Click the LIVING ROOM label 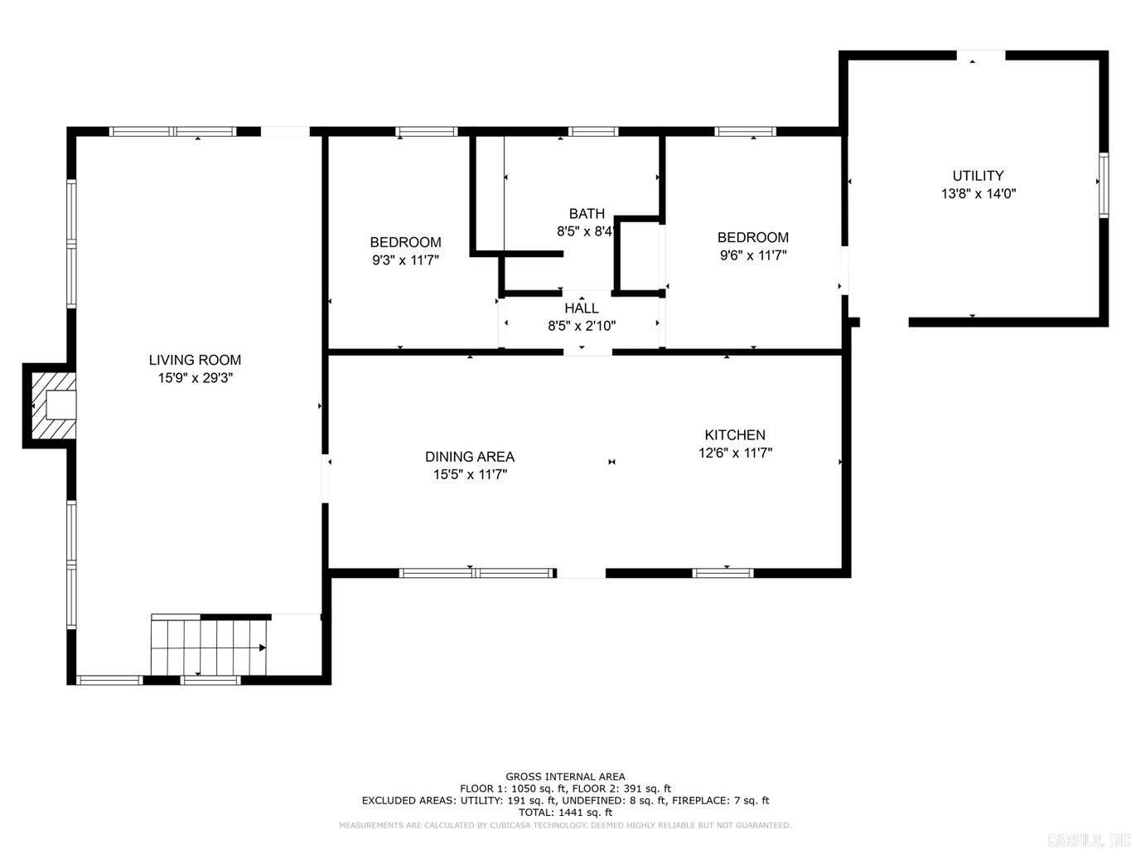(195, 360)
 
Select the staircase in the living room (209, 648)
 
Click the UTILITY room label (978, 176)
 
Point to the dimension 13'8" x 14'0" (978, 194)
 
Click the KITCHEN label (735, 434)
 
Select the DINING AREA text (470, 457)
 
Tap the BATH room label (587, 214)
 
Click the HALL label (582, 308)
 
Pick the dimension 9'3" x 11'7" (405, 260)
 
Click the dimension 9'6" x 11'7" (753, 255)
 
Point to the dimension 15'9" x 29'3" (195, 378)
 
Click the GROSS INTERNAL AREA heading (566, 777)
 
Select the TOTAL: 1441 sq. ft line (566, 813)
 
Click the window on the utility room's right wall (1104, 185)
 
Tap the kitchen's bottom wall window (723, 572)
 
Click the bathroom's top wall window (593, 131)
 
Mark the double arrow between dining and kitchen (612, 462)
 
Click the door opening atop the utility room (982, 56)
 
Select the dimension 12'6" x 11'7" (735, 453)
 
